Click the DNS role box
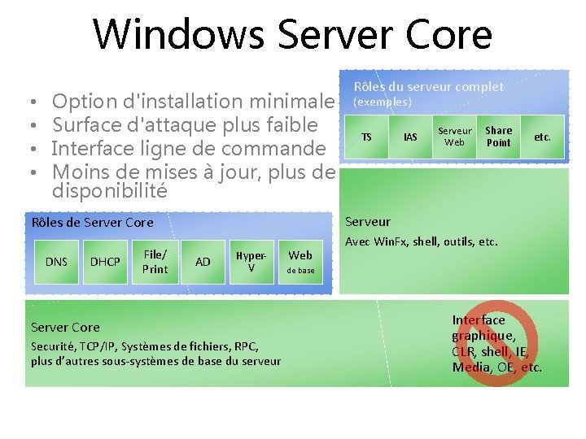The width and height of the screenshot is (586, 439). click(x=56, y=261)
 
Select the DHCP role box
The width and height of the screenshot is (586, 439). click(x=105, y=261)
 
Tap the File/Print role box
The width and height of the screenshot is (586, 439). click(x=155, y=261)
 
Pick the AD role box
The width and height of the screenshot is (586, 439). click(x=203, y=261)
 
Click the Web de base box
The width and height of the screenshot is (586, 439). click(x=300, y=261)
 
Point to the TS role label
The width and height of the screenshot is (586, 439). click(x=366, y=137)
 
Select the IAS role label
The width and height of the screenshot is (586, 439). click(x=411, y=137)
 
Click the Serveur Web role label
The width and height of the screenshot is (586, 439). click(x=454, y=137)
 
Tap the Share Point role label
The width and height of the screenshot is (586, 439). click(x=499, y=137)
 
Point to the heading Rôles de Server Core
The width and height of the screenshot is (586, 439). click(x=92, y=222)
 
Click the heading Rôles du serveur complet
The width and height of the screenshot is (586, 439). click(x=428, y=86)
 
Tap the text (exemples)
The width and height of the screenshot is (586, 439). click(x=382, y=102)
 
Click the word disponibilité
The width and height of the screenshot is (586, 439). click(x=109, y=192)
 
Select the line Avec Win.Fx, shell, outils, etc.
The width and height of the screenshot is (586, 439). click(x=422, y=241)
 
